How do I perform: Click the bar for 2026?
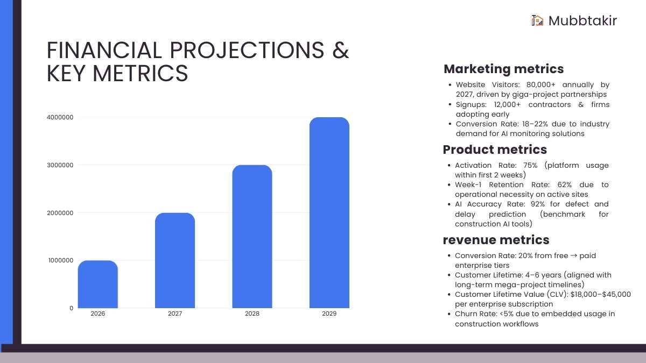pyautogui.click(x=98, y=284)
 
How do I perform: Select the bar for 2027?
pyautogui.click(x=175, y=260)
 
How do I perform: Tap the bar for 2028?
pyautogui.click(x=252, y=237)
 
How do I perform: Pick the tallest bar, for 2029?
pyautogui.click(x=329, y=212)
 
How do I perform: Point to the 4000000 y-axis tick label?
pyautogui.click(x=60, y=117)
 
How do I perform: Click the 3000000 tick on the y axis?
pyautogui.click(x=60, y=165)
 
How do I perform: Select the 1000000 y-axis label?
pyautogui.click(x=60, y=260)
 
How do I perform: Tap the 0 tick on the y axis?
pyautogui.click(x=71, y=308)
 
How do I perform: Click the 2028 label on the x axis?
pyautogui.click(x=252, y=314)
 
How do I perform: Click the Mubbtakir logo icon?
pyautogui.click(x=537, y=20)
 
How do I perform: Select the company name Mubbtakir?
pyautogui.click(x=582, y=21)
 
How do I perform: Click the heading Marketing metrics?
pyautogui.click(x=503, y=69)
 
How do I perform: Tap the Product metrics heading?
pyautogui.click(x=495, y=150)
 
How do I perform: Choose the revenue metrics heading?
pyautogui.click(x=496, y=240)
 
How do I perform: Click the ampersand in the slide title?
pyautogui.click(x=341, y=50)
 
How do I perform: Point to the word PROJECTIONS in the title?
pyautogui.click(x=247, y=50)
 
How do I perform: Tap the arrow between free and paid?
pyautogui.click(x=574, y=255)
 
